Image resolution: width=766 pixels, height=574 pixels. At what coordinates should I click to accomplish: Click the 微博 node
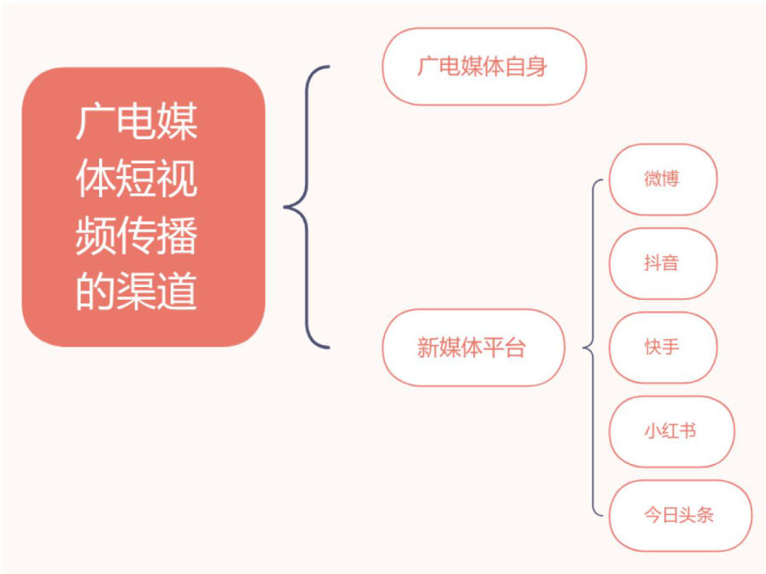(663, 179)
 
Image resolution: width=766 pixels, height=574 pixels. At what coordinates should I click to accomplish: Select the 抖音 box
(663, 263)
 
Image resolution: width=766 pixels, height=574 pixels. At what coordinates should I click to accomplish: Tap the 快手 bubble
(663, 347)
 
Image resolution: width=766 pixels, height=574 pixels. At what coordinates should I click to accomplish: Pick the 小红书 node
(671, 430)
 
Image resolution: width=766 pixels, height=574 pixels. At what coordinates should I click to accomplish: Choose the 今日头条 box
(680, 515)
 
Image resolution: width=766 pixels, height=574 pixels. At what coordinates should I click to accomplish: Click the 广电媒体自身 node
(483, 67)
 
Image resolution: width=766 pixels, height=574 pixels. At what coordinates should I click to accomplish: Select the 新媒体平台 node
(473, 348)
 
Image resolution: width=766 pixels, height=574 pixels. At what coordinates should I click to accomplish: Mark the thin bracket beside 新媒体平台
(593, 348)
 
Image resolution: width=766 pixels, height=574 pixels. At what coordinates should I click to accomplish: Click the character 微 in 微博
(653, 179)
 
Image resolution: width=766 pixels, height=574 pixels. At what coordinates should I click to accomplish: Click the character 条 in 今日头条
(705, 515)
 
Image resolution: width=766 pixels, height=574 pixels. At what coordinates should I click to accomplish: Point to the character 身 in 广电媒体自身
(537, 67)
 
